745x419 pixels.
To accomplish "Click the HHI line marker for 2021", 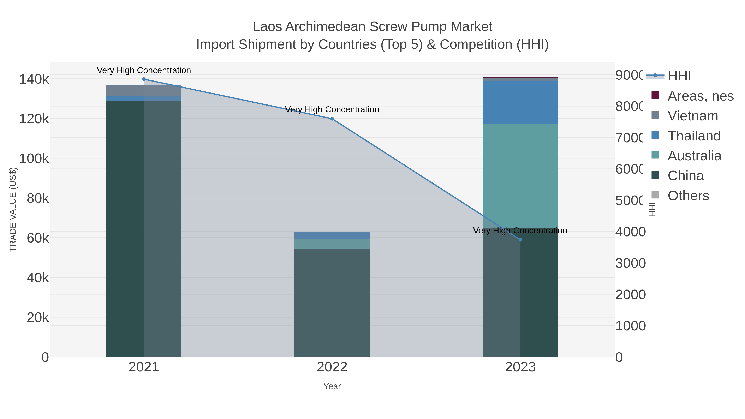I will click(x=144, y=79).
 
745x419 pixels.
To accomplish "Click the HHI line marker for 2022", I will click(x=332, y=119).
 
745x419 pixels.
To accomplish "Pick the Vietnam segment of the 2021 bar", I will click(x=144, y=90).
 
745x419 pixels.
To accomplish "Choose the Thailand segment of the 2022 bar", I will click(x=332, y=235).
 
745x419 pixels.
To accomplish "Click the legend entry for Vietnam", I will click(x=693, y=116).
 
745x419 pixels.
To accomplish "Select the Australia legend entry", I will click(x=694, y=156).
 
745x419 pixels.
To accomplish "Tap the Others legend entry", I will click(x=688, y=196).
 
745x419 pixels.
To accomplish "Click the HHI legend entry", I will click(x=679, y=76).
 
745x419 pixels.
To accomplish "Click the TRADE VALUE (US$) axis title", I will click(x=13, y=209).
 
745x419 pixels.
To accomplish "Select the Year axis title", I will click(x=332, y=386).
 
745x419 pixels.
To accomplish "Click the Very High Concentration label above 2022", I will click(x=332, y=110).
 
